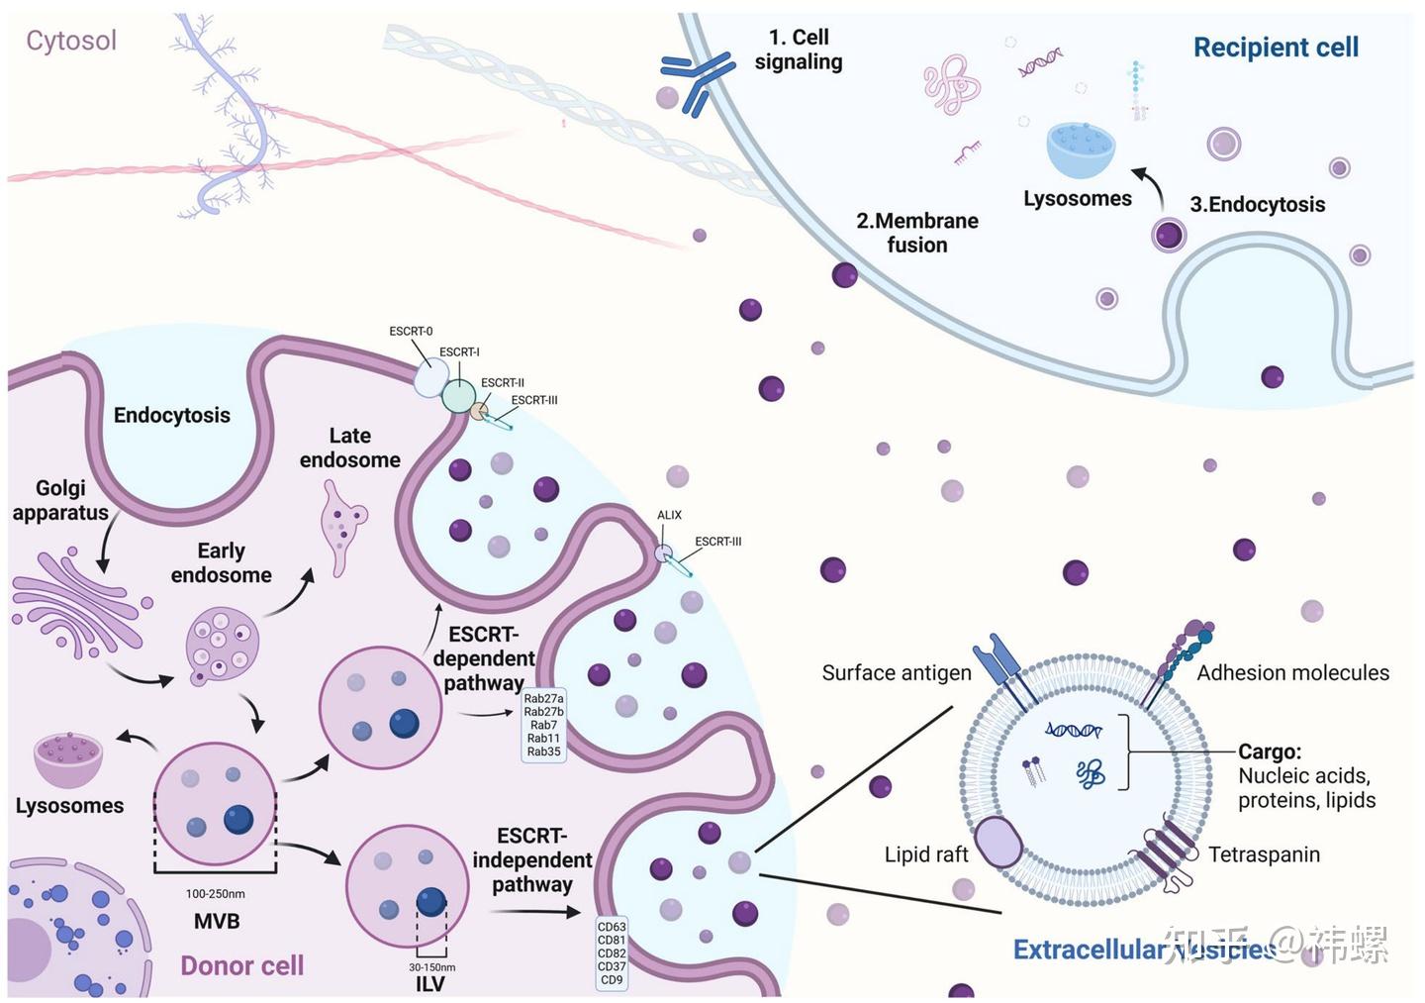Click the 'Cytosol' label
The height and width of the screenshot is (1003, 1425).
click(71, 41)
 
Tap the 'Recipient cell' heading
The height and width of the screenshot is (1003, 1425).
click(1276, 48)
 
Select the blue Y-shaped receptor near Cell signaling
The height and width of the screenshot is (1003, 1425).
click(698, 79)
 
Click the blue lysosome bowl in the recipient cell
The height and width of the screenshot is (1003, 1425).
click(1081, 150)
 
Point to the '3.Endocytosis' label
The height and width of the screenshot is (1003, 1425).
click(1257, 205)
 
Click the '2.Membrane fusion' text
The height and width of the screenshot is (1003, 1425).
click(917, 233)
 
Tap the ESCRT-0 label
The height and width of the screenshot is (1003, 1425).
click(411, 332)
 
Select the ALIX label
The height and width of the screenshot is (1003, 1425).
click(669, 515)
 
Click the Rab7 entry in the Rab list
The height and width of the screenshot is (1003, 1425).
click(543, 725)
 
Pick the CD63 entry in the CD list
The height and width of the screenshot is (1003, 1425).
click(612, 927)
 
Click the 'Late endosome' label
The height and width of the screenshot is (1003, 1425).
click(350, 448)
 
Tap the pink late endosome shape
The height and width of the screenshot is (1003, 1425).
click(342, 525)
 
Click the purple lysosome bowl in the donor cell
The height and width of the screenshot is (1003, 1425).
click(68, 758)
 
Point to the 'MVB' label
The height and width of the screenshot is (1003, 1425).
click(217, 922)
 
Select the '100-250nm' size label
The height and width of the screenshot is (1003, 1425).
click(216, 894)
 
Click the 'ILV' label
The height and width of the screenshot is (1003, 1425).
click(430, 984)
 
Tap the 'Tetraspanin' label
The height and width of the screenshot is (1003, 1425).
click(1264, 854)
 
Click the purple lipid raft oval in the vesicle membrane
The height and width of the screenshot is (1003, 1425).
click(999, 843)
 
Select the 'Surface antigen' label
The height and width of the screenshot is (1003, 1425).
click(897, 673)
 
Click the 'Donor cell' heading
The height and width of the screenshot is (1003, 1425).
click(241, 966)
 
